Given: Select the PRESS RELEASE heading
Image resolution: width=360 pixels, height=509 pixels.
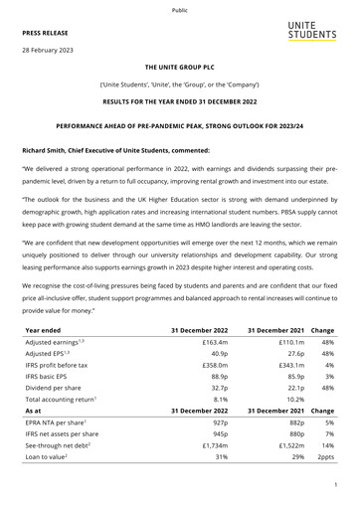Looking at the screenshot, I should click(x=51, y=32).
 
